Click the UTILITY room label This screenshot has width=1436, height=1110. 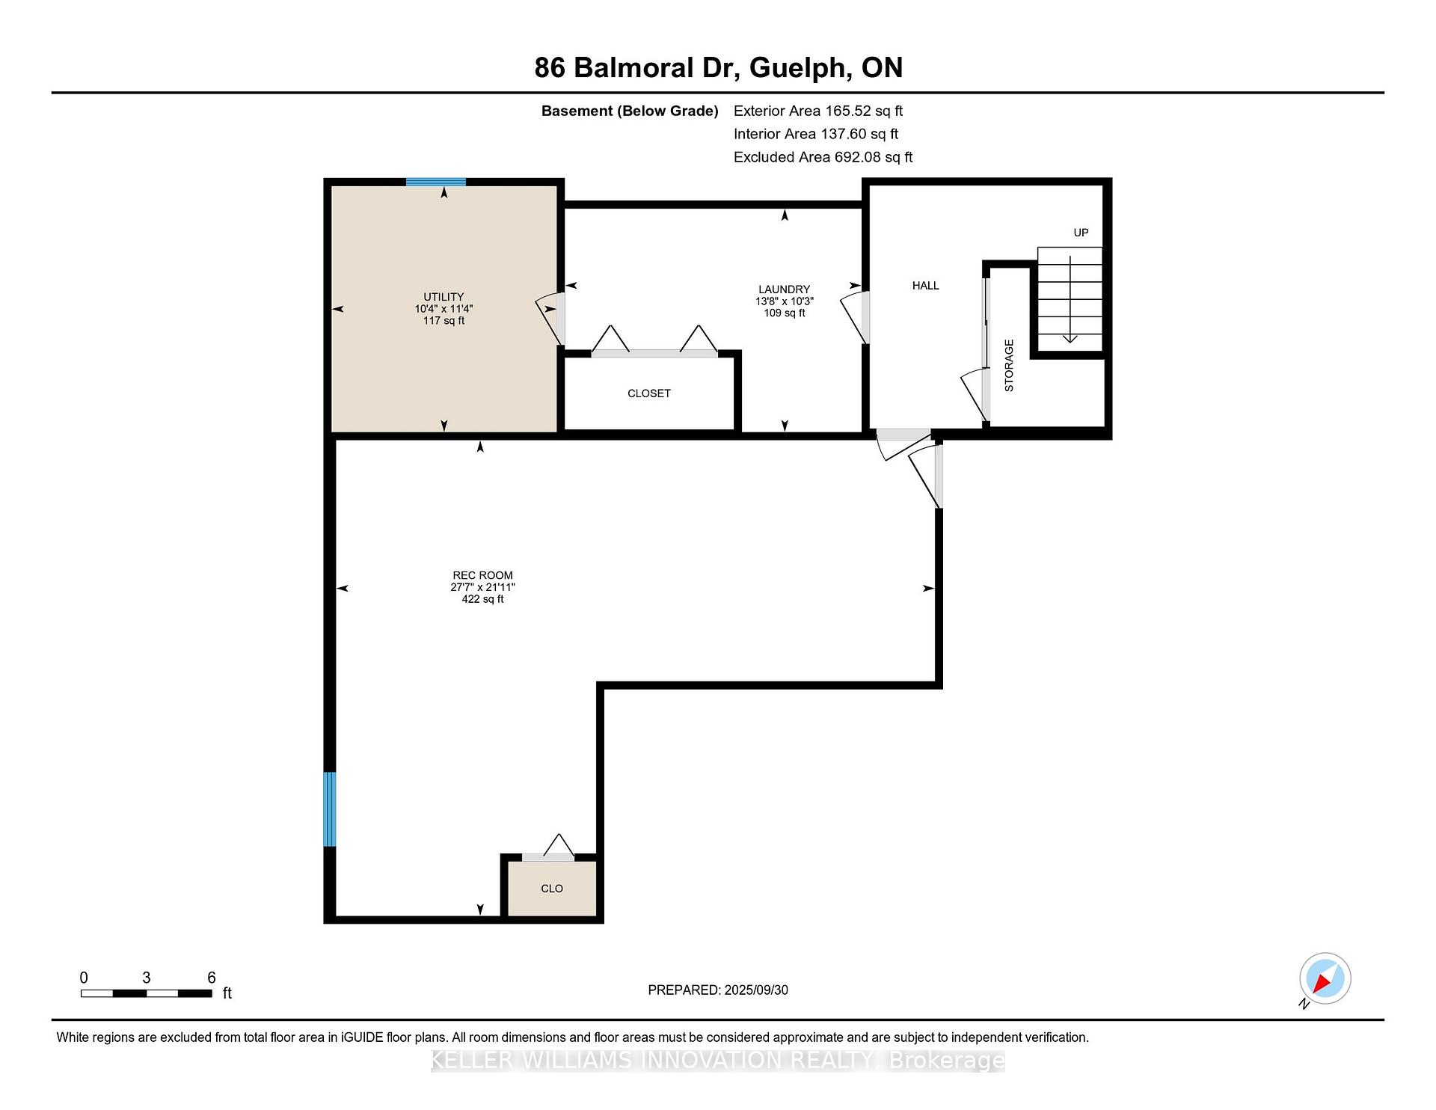(x=444, y=297)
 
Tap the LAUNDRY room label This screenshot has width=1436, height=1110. (x=784, y=289)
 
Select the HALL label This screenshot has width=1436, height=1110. (x=925, y=286)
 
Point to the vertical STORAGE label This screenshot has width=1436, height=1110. (x=1009, y=365)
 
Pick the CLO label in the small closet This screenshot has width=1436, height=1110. (x=552, y=889)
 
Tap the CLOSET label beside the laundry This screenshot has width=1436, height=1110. (x=649, y=393)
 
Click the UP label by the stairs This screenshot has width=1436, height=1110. (x=1081, y=233)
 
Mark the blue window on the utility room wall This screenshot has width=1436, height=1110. (x=436, y=182)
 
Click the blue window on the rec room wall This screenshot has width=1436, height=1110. (x=329, y=809)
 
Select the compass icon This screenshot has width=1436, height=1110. (x=1325, y=978)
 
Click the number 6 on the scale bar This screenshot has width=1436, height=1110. (x=212, y=978)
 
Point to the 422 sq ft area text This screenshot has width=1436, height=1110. (x=482, y=599)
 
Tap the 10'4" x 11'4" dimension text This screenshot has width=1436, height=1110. (x=444, y=309)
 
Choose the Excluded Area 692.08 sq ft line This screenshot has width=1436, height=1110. (x=823, y=157)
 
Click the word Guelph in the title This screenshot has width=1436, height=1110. (x=800, y=68)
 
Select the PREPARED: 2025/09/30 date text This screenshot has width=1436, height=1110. (x=718, y=990)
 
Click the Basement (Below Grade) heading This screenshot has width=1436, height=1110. (x=630, y=111)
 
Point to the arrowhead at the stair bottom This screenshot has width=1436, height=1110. (x=1070, y=339)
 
